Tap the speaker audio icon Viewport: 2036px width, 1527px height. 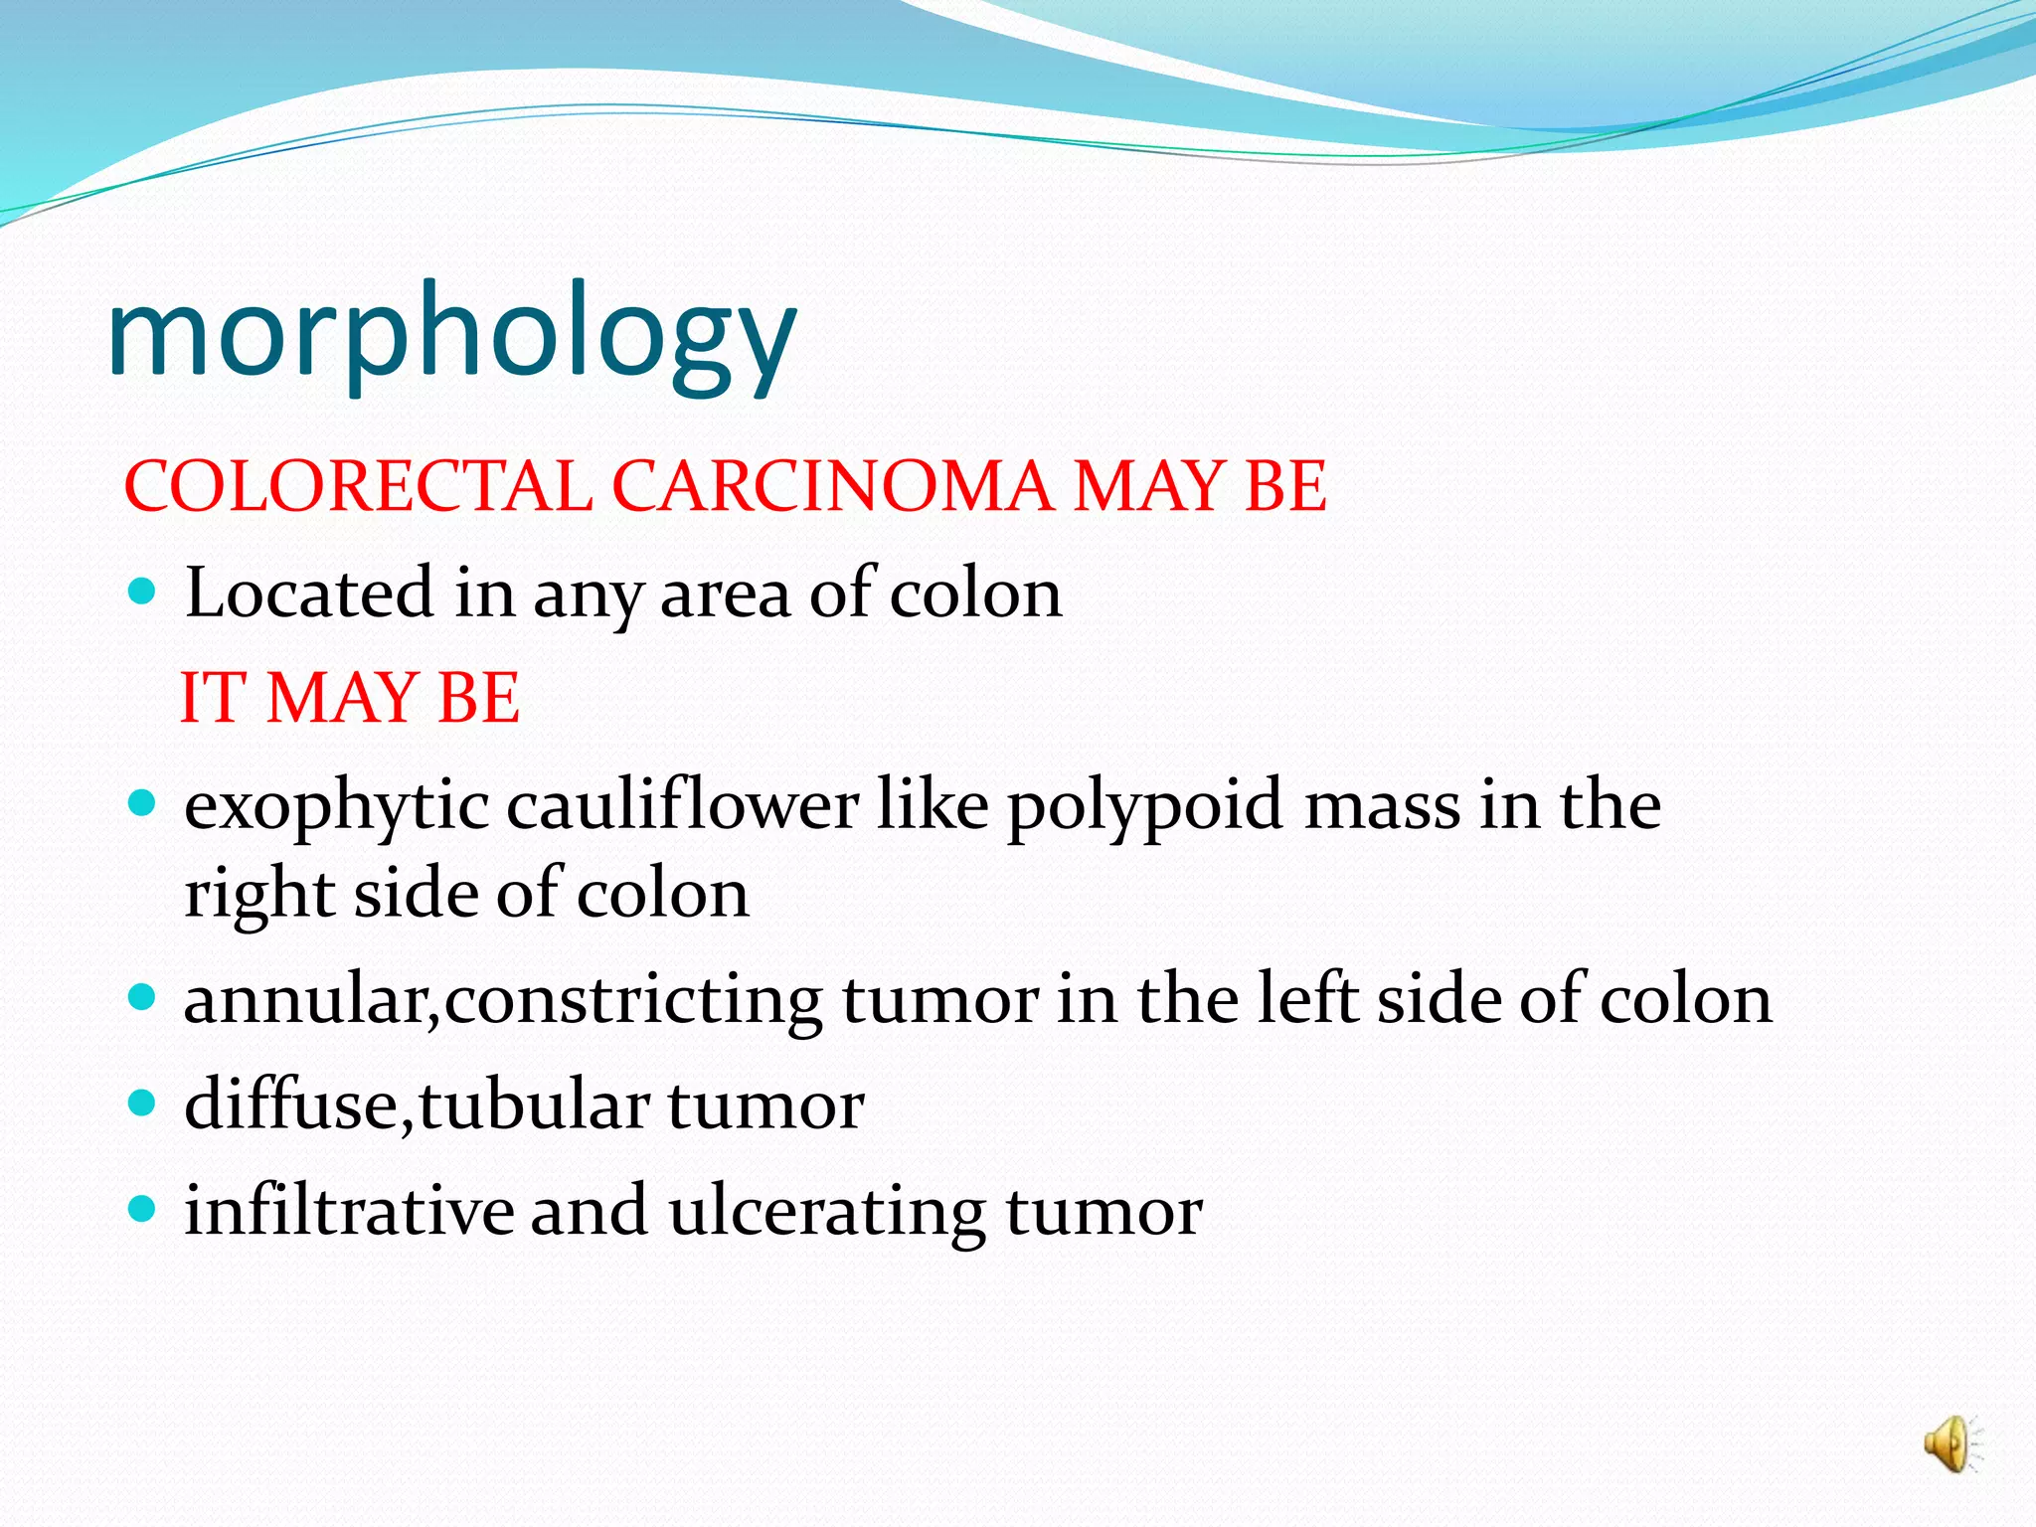click(1950, 1443)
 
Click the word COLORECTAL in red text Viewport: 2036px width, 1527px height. click(358, 486)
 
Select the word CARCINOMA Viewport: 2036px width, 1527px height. click(831, 486)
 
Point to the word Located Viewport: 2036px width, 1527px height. click(309, 594)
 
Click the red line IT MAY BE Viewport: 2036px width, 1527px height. click(349, 697)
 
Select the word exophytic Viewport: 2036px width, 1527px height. click(336, 807)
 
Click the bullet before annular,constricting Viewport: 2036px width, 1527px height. click(143, 997)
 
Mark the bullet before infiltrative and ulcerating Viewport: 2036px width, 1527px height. click(143, 1209)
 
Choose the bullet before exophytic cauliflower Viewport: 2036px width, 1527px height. click(143, 803)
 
